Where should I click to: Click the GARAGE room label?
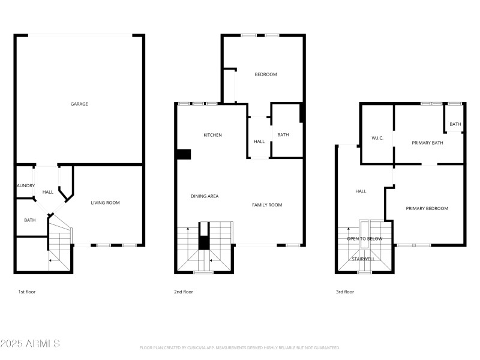tap(79, 104)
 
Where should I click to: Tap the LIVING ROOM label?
tap(105, 203)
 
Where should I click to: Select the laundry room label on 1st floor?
tap(26, 185)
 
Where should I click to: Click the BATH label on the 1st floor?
tap(30, 220)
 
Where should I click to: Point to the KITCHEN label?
tap(212, 135)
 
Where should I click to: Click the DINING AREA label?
tap(205, 196)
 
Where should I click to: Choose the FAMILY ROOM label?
tap(266, 205)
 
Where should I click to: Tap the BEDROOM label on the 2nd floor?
tap(266, 74)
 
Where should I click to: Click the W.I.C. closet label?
tap(377, 138)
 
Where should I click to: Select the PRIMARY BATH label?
tap(427, 143)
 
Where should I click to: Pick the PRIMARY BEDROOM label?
tap(427, 208)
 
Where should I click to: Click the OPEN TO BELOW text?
tap(365, 239)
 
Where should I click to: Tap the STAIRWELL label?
tap(363, 259)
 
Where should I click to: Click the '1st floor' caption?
tap(28, 292)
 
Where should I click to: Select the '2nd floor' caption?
tap(184, 292)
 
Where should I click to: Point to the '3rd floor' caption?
tap(344, 292)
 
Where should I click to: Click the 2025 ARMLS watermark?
tap(30, 344)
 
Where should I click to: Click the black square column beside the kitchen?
tap(184, 154)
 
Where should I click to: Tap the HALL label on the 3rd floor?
tap(361, 191)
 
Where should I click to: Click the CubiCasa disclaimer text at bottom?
tap(240, 347)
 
